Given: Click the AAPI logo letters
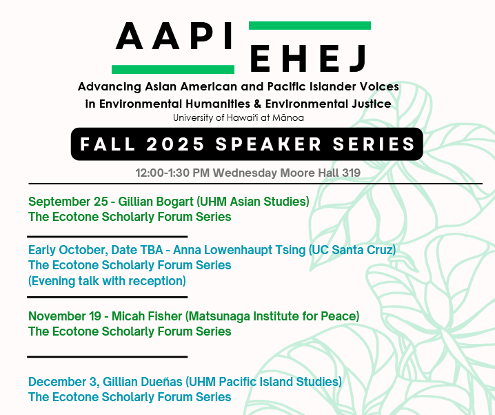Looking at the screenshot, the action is (174, 36).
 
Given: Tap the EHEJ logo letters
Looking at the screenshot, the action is (308, 59).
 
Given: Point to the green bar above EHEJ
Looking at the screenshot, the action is (310, 26).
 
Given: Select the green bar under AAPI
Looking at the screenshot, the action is (173, 69).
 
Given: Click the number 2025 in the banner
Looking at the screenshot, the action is (176, 144).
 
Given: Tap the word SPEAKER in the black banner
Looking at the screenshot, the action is (269, 144).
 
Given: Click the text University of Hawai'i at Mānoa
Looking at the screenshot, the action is (239, 118).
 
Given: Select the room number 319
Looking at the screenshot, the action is (352, 173).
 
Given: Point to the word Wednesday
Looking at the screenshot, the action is (245, 173).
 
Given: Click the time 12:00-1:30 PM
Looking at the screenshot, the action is (172, 173).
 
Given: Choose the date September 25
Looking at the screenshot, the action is (68, 202).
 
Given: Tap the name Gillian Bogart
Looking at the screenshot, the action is (156, 202).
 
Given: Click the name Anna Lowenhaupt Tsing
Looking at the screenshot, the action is (239, 250).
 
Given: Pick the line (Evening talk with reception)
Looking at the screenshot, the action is (107, 281).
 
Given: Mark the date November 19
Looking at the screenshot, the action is (65, 316).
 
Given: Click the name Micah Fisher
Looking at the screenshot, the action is (147, 316).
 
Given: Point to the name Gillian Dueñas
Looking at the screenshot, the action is (143, 382).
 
